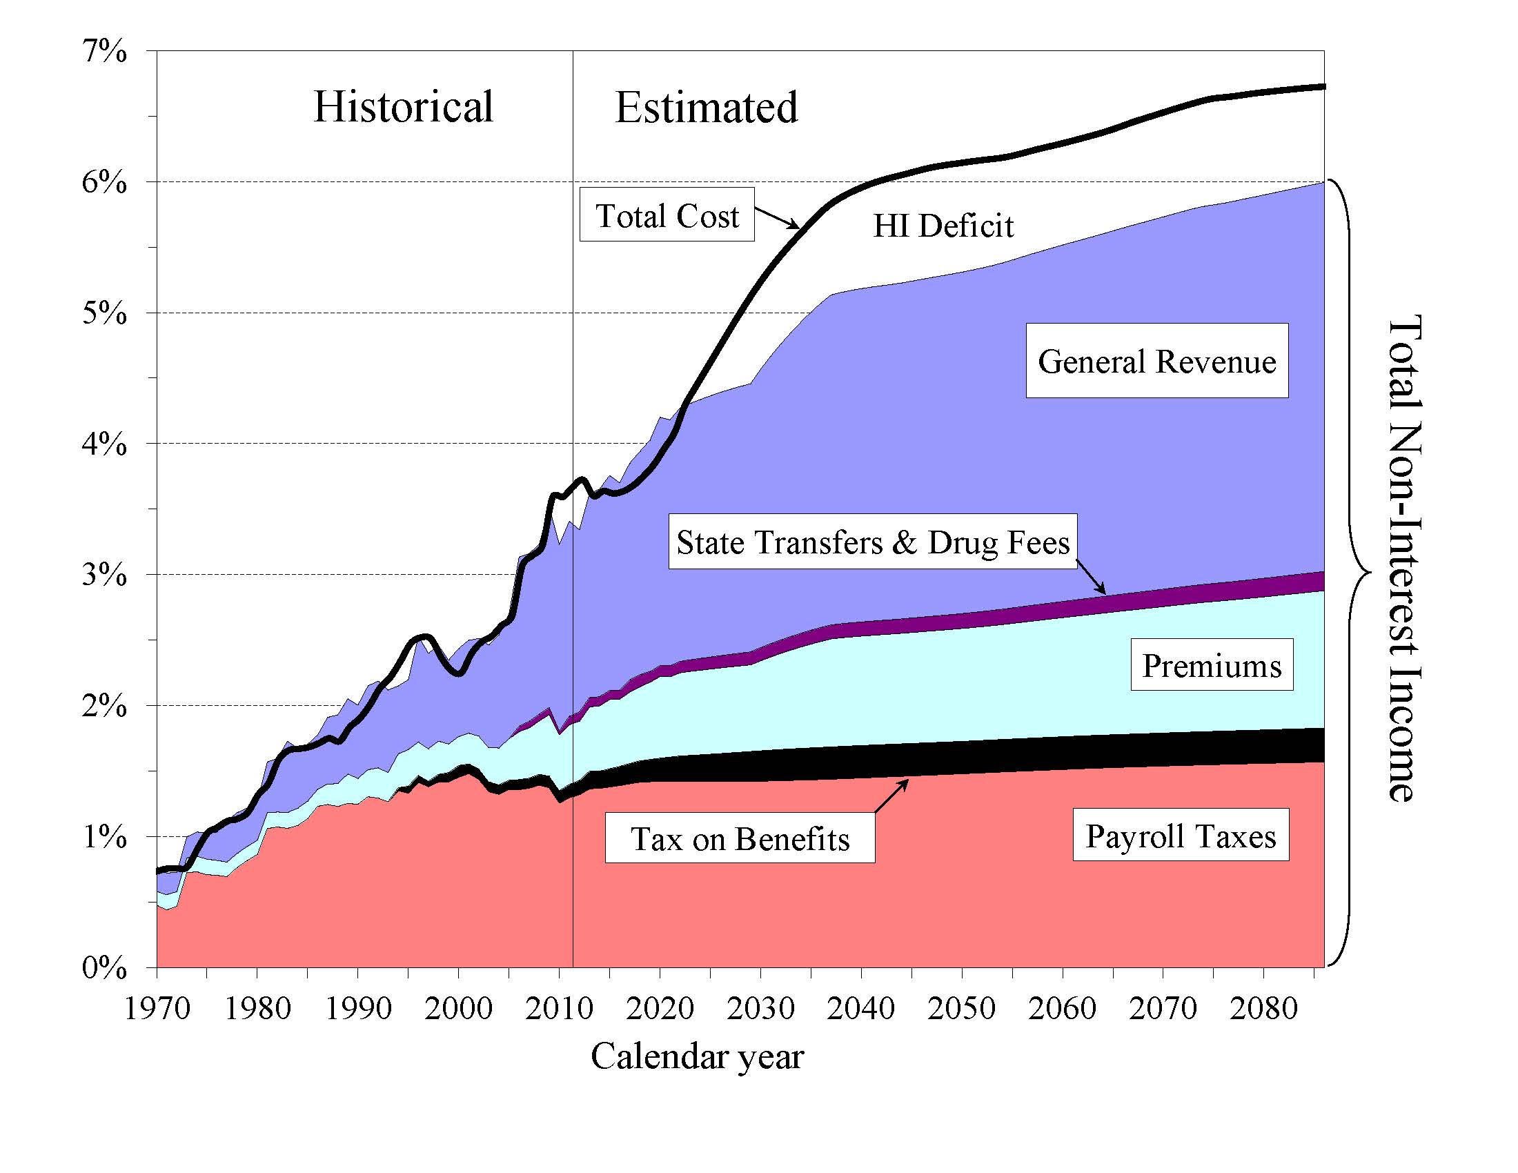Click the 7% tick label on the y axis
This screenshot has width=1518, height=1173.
pyautogui.click(x=104, y=52)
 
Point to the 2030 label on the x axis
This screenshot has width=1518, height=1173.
pyautogui.click(x=760, y=1008)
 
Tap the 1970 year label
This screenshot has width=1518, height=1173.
pyautogui.click(x=157, y=1008)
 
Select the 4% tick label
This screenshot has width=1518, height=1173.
pyautogui.click(x=104, y=444)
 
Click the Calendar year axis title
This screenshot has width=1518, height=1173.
pyautogui.click(x=697, y=1057)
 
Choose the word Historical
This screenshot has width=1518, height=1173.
pyautogui.click(x=403, y=107)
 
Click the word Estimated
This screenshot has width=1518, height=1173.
pyautogui.click(x=706, y=108)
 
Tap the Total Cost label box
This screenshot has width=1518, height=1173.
pyautogui.click(x=667, y=215)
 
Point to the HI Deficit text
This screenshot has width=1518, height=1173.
pyautogui.click(x=943, y=226)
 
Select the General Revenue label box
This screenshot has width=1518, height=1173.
pyautogui.click(x=1156, y=361)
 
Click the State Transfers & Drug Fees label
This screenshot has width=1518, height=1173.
pyautogui.click(x=872, y=542)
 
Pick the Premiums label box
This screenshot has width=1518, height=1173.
pyautogui.click(x=1212, y=665)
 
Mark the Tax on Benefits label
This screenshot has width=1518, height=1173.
pyautogui.click(x=740, y=839)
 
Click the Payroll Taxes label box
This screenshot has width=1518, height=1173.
pyautogui.click(x=1180, y=836)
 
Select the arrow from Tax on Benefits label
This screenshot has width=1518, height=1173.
pyautogui.click(x=891, y=796)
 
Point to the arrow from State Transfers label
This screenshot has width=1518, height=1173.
pyautogui.click(x=1092, y=578)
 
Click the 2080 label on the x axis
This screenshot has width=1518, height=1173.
pyautogui.click(x=1263, y=1008)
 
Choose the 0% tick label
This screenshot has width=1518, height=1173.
pyautogui.click(x=104, y=967)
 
